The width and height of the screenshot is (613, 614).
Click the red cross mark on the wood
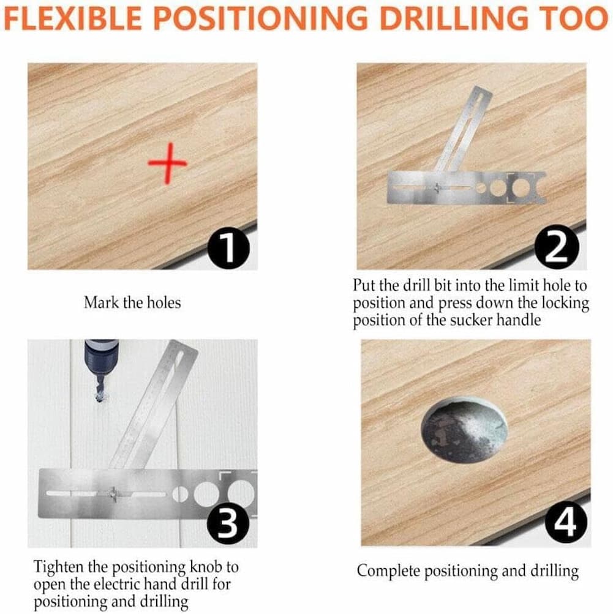click(x=168, y=163)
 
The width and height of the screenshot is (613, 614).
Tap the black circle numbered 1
click(x=228, y=248)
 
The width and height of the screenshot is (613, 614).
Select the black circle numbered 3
click(x=228, y=523)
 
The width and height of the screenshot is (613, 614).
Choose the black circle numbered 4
click(x=566, y=522)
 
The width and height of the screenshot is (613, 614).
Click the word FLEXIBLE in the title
click(x=73, y=18)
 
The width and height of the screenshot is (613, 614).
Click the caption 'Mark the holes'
click(x=132, y=302)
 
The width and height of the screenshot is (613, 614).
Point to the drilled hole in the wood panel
click(x=464, y=429)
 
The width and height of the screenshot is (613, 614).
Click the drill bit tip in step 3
click(x=100, y=399)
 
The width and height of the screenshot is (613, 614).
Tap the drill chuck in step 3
click(x=100, y=355)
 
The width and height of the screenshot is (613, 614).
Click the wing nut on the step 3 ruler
click(x=114, y=494)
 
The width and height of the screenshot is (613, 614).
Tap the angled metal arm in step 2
click(x=464, y=129)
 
